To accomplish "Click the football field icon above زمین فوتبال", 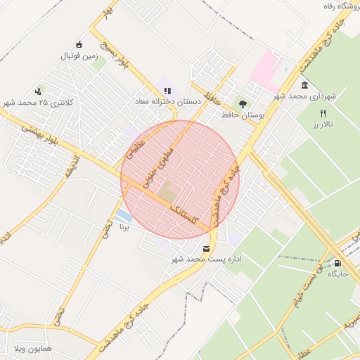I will (x=79, y=44).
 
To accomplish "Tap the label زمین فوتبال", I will (x=78, y=55).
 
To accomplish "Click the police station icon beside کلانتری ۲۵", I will (x=38, y=91).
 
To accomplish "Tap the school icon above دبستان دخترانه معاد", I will (x=167, y=91).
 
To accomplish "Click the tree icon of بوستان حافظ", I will (x=243, y=103).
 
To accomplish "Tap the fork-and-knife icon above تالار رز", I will (x=323, y=113).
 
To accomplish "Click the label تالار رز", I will (x=323, y=124).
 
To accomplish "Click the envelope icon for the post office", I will (x=206, y=248).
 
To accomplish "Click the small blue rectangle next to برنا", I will (x=124, y=214).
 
